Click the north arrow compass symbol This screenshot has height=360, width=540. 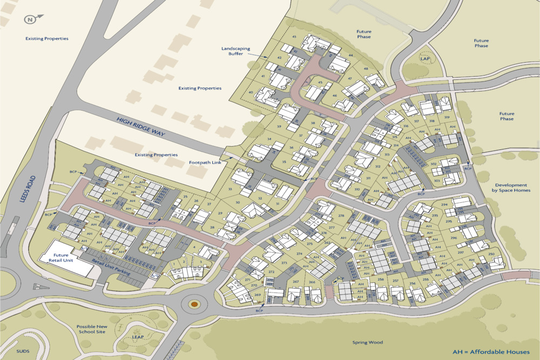[29, 20]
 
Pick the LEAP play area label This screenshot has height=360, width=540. [138, 336]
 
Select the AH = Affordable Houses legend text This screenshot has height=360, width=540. [492, 351]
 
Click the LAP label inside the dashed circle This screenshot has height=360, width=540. [424, 58]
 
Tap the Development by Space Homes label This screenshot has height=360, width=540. [511, 187]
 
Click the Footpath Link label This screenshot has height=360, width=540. [204, 162]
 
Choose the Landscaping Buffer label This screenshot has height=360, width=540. [236, 51]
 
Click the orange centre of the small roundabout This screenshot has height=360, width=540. [194, 304]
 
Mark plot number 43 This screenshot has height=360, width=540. [294, 37]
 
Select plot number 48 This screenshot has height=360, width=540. [366, 69]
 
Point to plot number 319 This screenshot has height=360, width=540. [447, 117]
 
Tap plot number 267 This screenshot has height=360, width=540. [295, 282]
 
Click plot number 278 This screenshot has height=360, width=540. [341, 216]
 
